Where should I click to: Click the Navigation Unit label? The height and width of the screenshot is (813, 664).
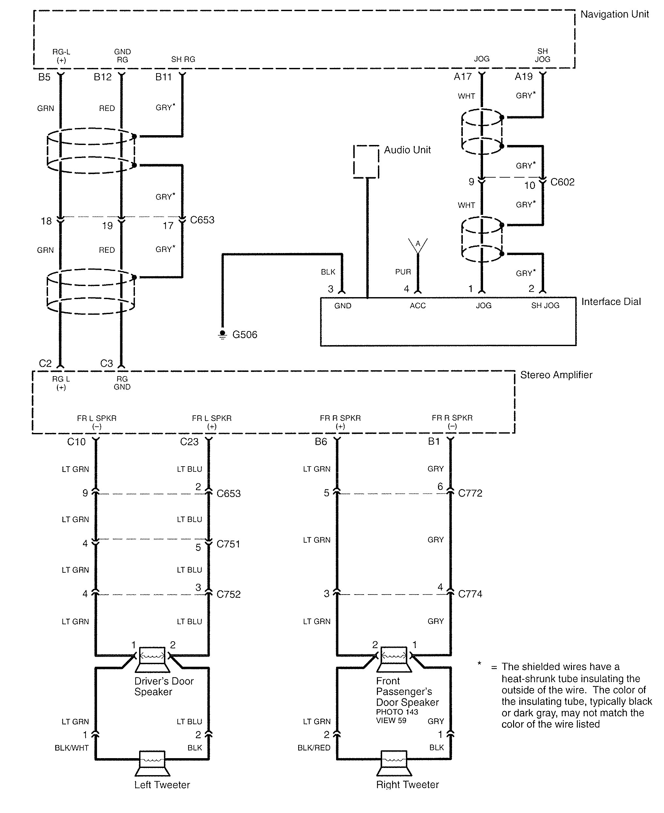[614, 15]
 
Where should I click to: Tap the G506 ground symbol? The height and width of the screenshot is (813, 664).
[222, 334]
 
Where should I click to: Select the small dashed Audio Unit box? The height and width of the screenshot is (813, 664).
[366, 161]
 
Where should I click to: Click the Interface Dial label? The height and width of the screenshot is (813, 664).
[611, 302]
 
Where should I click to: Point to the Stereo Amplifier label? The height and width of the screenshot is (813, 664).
[556, 375]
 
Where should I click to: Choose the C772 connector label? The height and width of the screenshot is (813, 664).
[470, 493]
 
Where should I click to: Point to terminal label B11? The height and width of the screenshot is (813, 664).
[163, 77]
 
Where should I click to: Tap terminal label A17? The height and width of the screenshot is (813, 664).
[462, 77]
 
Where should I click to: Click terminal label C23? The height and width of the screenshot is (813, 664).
[189, 442]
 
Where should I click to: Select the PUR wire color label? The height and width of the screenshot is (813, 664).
[403, 272]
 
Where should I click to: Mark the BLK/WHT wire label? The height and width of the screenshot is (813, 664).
[72, 748]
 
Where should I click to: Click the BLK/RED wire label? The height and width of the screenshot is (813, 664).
[314, 748]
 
